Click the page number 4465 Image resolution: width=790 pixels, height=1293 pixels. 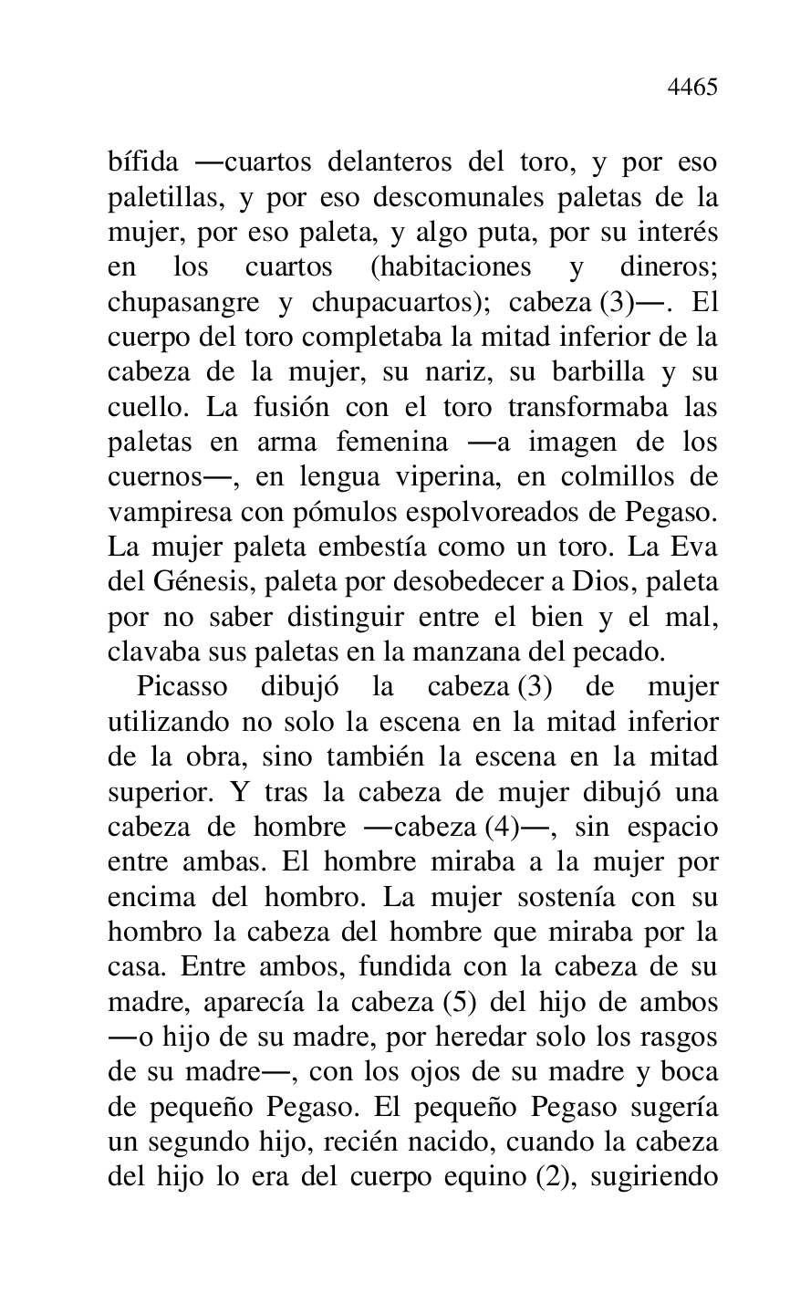pos(692,88)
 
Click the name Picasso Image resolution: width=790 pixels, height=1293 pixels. pos(182,687)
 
